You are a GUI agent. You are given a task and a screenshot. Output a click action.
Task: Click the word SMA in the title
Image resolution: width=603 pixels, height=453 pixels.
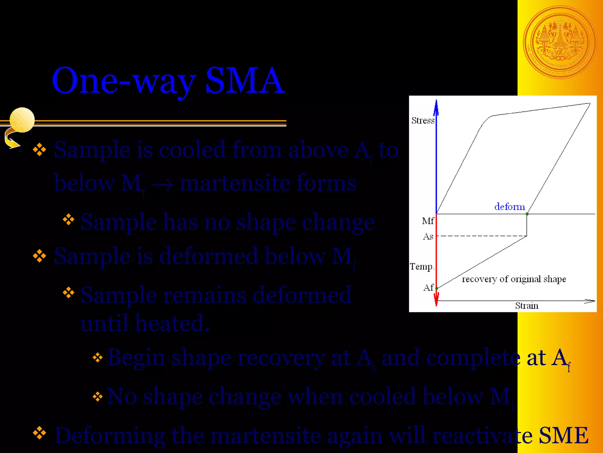[245, 80]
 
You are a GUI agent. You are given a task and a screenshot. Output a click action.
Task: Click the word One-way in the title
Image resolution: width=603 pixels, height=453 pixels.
[124, 80]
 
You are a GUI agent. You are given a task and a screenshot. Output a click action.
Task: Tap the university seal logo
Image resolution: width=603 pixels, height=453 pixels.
[560, 42]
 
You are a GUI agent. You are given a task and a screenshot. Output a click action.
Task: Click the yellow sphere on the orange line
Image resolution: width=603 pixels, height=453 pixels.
[22, 120]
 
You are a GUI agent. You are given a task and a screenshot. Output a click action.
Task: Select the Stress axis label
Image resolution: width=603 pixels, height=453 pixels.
[423, 121]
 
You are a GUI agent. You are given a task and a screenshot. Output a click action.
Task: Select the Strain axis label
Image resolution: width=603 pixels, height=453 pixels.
[527, 306]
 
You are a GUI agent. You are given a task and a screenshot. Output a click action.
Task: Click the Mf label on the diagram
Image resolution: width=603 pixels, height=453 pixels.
[428, 221]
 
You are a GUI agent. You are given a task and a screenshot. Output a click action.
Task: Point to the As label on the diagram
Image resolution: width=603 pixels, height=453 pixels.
[428, 237]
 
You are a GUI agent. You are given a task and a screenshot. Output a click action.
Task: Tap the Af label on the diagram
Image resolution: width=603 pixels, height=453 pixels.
[428, 288]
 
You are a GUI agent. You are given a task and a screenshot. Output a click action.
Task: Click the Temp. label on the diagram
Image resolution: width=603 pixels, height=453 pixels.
[422, 267]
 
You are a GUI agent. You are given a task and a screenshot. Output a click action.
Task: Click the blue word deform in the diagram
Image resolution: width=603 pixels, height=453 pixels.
[510, 206]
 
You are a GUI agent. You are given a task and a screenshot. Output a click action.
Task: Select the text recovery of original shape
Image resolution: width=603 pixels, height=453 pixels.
[514, 279]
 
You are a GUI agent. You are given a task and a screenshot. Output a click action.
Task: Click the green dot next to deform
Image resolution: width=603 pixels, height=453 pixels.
[527, 214]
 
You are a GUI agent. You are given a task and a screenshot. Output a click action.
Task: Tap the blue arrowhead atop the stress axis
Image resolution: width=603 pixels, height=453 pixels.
[436, 107]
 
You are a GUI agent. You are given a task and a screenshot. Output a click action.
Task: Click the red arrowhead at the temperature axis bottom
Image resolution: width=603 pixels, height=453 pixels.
[436, 299]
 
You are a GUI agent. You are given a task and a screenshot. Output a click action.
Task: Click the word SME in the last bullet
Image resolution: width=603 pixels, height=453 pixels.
[563, 435]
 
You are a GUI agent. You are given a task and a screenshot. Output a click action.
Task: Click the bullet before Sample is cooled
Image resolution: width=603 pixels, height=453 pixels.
[39, 150]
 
